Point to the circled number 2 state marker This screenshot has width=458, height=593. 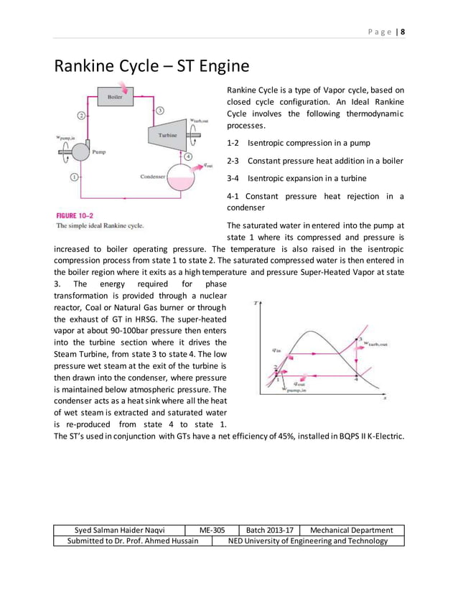81,115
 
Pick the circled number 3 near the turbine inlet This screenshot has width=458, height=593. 159,110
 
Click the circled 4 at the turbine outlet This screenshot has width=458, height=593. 188,156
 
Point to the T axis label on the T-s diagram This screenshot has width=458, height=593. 256,304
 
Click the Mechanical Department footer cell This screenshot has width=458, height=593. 351,530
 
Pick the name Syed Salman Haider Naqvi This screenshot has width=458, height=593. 120,530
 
